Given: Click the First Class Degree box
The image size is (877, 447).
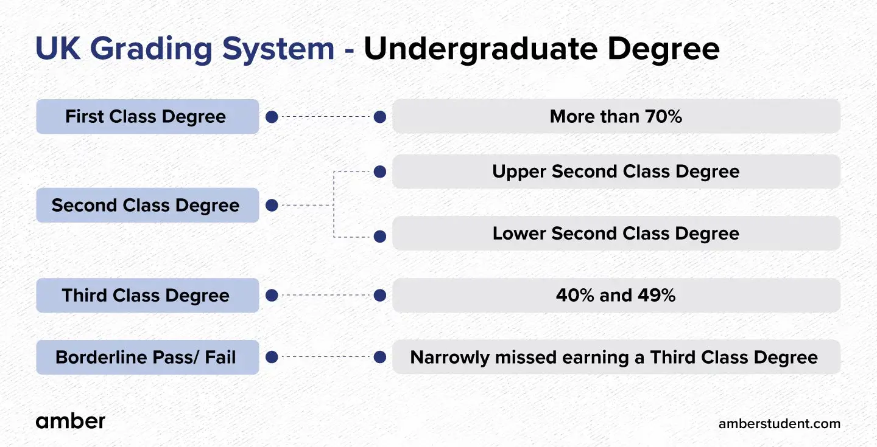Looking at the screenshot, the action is tap(147, 117).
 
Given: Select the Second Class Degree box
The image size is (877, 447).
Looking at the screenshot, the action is tap(147, 206).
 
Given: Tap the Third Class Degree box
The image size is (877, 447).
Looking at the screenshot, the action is tap(147, 295).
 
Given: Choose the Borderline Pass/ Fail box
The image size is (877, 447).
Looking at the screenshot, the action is tap(147, 357).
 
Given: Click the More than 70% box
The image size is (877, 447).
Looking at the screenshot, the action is tap(616, 117).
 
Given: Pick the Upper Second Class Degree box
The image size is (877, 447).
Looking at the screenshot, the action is tap(616, 172).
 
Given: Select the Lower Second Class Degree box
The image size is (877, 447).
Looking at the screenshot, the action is tap(616, 234).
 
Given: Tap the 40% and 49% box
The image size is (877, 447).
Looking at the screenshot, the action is tap(616, 295).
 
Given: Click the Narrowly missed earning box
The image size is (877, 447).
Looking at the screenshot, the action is tap(616, 357).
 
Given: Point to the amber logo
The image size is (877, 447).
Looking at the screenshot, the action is tap(71, 421).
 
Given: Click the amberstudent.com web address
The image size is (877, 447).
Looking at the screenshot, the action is tap(780, 423).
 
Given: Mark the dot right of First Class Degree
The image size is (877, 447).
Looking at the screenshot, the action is tap(272, 117).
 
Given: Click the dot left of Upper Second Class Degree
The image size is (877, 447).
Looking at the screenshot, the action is tap(380, 172).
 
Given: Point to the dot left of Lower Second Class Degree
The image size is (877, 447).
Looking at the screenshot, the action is tap(380, 236).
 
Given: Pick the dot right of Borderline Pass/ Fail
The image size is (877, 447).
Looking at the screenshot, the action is tap(272, 357).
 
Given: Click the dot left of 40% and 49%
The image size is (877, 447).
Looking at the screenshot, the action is tap(380, 295).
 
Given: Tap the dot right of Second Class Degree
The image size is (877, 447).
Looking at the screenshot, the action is tap(272, 206).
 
